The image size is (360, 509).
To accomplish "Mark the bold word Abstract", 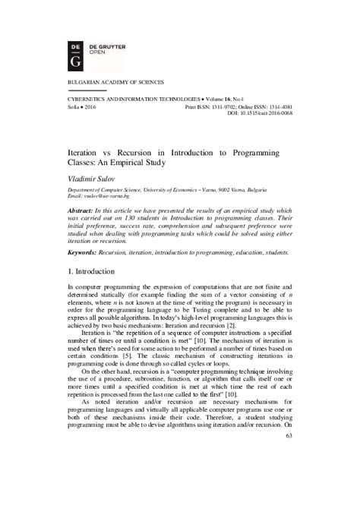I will tap(73, 209).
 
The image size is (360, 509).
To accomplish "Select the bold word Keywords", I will tap(75, 251).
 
